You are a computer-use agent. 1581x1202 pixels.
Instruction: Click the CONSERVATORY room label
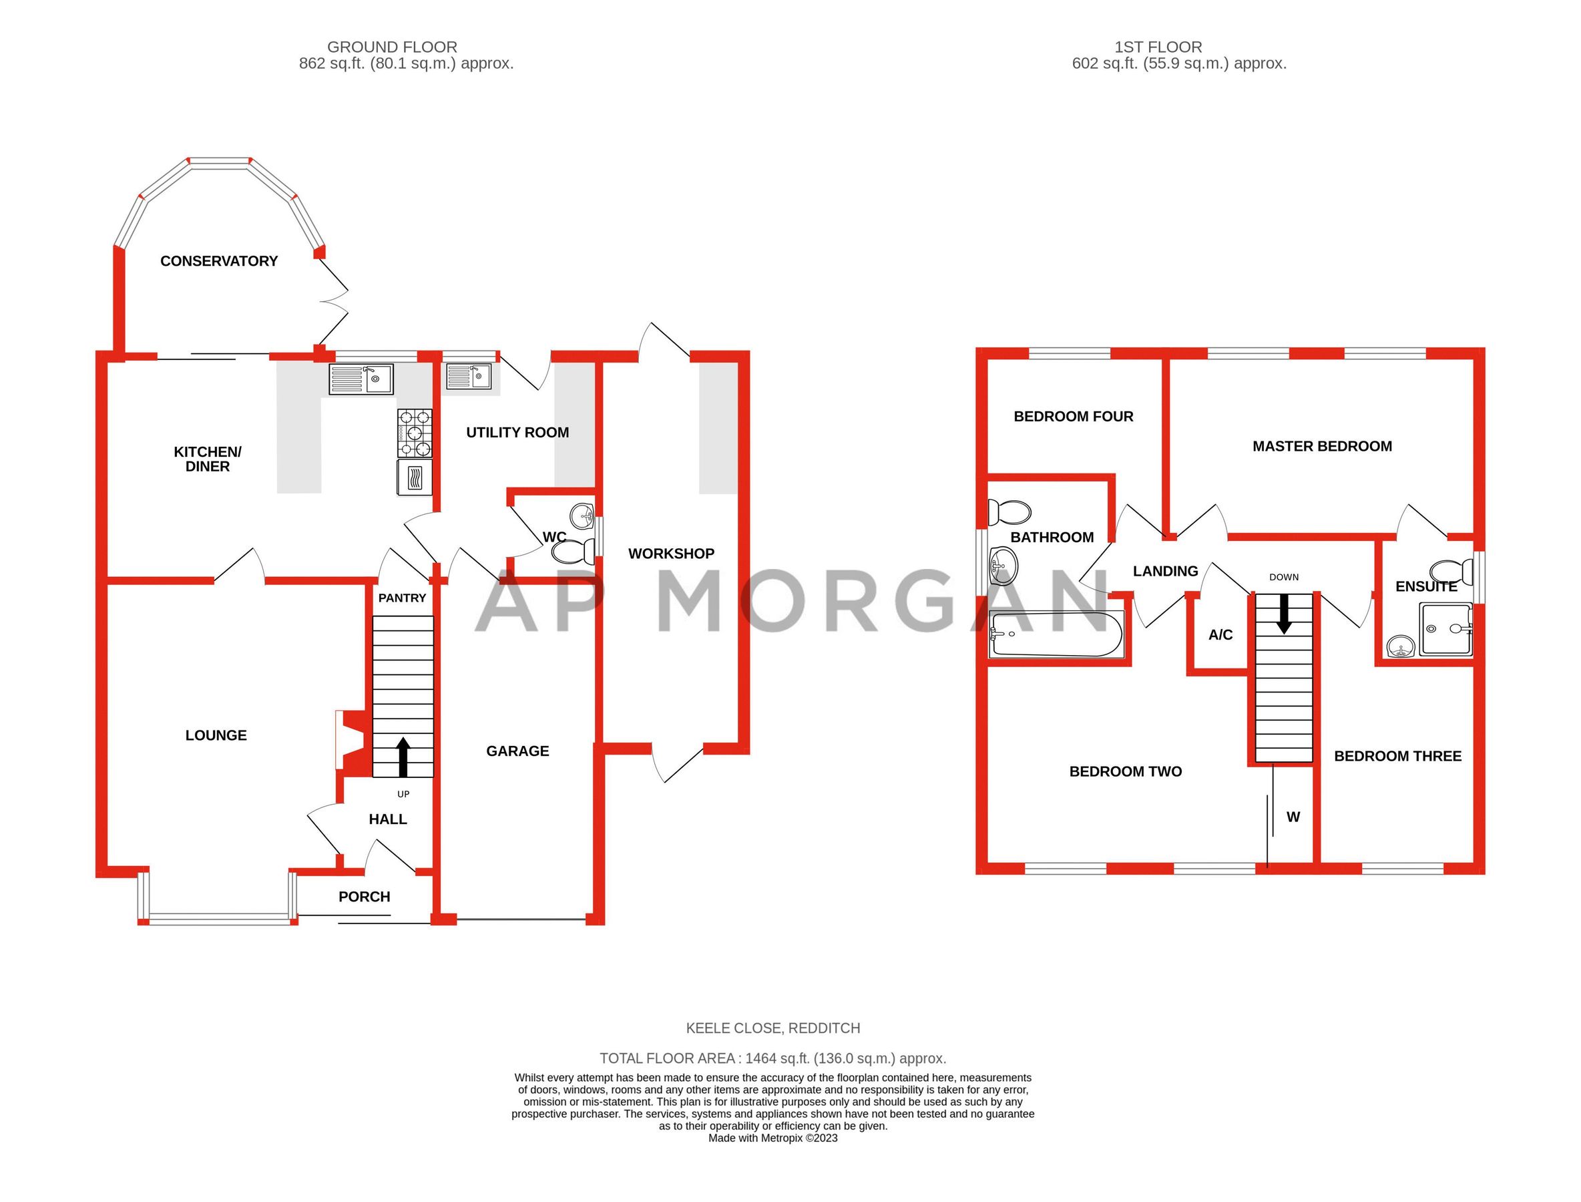pos(219,261)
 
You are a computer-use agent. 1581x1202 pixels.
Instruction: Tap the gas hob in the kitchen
pos(415,433)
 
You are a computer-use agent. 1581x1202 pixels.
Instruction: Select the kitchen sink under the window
pos(361,379)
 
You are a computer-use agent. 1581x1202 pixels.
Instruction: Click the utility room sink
pos(469,375)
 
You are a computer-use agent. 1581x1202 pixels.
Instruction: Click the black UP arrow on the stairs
pos(403,758)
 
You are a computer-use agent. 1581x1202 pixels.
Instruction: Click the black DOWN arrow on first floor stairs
pos(1284,614)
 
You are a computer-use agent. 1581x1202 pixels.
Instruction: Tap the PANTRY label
pos(402,598)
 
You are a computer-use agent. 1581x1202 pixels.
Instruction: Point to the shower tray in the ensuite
pos(1445,630)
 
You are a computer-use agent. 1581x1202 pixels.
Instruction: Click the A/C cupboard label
pos(1220,634)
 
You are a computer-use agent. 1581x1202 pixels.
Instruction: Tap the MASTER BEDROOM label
pos(1322,447)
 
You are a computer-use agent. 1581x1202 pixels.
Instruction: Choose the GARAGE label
pos(517,751)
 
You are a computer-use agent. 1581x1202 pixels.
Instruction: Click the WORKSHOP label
pos(671,554)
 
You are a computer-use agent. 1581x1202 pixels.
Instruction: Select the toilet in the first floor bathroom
pos(1009,512)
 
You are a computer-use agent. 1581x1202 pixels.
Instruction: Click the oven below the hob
pos(415,477)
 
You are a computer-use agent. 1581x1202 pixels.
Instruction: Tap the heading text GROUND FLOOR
pos(392,47)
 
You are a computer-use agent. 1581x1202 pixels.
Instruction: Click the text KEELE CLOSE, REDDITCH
pos(772,1028)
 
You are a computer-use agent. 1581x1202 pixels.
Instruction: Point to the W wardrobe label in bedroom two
pos(1293,817)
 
